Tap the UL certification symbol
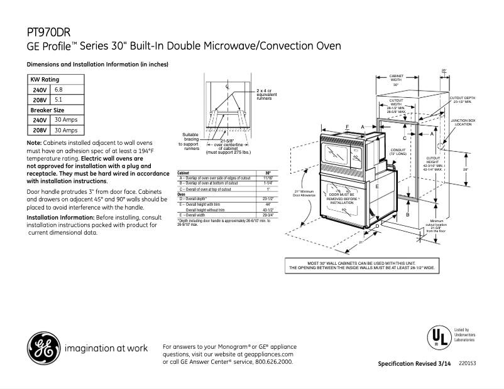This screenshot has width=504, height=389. pyautogui.click(x=438, y=338)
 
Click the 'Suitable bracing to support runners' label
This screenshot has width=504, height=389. pyautogui.click(x=191, y=142)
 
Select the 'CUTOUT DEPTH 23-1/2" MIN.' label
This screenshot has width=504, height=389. pyautogui.click(x=465, y=100)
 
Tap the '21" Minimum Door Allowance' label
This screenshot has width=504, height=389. pyautogui.click(x=304, y=193)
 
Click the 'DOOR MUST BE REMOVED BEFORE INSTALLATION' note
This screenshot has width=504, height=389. pyautogui.click(x=342, y=199)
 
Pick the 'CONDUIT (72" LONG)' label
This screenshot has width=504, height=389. pyautogui.click(x=398, y=152)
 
